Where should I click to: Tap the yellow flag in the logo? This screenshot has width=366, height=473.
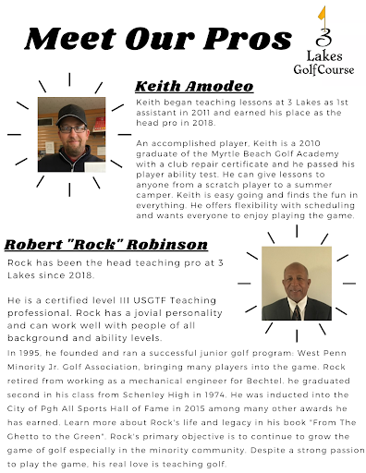tap(324, 15)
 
